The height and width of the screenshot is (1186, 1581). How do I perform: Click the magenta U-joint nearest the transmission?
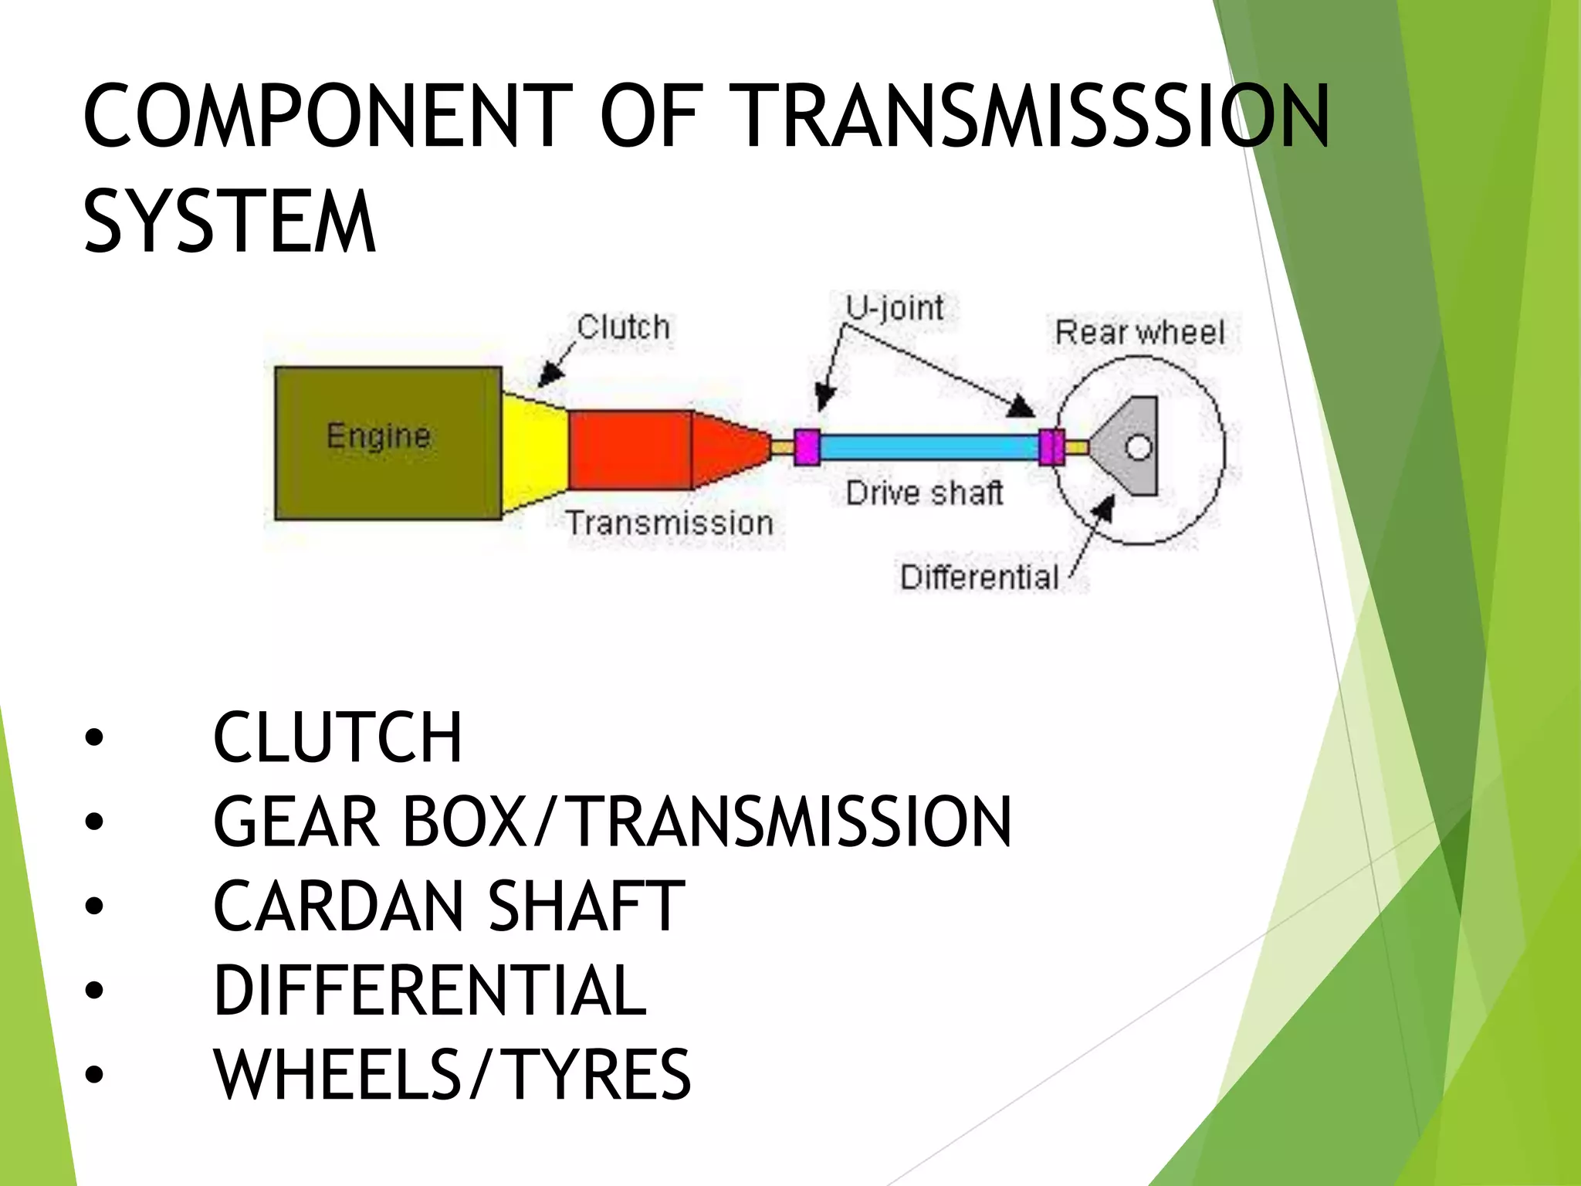click(807, 447)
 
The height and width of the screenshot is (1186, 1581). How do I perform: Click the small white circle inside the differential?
click(1139, 447)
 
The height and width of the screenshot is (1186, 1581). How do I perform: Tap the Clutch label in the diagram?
click(623, 327)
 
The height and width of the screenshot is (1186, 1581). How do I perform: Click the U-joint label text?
click(895, 308)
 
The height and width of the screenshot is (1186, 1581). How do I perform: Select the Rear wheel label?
click(1139, 333)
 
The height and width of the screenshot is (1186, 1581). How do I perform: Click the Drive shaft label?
click(924, 493)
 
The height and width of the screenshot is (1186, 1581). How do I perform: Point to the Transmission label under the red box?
click(669, 524)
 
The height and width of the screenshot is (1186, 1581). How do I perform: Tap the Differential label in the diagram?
click(979, 578)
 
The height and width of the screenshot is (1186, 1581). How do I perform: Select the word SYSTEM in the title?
click(229, 222)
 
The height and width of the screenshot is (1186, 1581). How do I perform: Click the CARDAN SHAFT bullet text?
click(449, 906)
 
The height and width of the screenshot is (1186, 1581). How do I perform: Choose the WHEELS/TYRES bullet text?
click(452, 1075)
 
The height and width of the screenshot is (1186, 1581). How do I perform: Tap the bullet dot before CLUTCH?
click(94, 738)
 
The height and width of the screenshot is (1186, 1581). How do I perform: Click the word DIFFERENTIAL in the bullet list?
click(430, 991)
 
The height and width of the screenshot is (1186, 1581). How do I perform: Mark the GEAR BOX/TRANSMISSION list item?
click(611, 822)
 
